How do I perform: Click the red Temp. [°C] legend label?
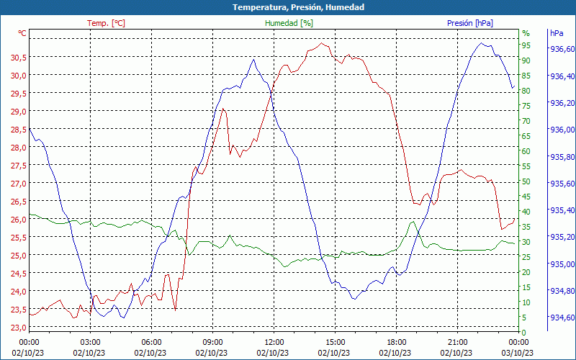(x=106, y=23)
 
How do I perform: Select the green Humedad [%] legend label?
(x=289, y=23)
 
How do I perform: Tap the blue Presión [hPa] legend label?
(x=469, y=23)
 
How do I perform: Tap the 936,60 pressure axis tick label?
(x=562, y=50)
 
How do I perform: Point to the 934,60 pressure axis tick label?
(x=562, y=318)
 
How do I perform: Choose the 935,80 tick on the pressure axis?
(x=562, y=157)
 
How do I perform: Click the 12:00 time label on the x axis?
(x=274, y=342)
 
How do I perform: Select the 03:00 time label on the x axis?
(x=90, y=342)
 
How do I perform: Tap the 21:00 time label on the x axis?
(x=458, y=342)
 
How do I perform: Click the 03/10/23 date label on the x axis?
(x=518, y=353)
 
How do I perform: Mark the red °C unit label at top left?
(x=22, y=33)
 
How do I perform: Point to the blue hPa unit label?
(x=557, y=33)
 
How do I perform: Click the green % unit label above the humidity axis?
(x=526, y=33)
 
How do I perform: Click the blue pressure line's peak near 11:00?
(x=253, y=60)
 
